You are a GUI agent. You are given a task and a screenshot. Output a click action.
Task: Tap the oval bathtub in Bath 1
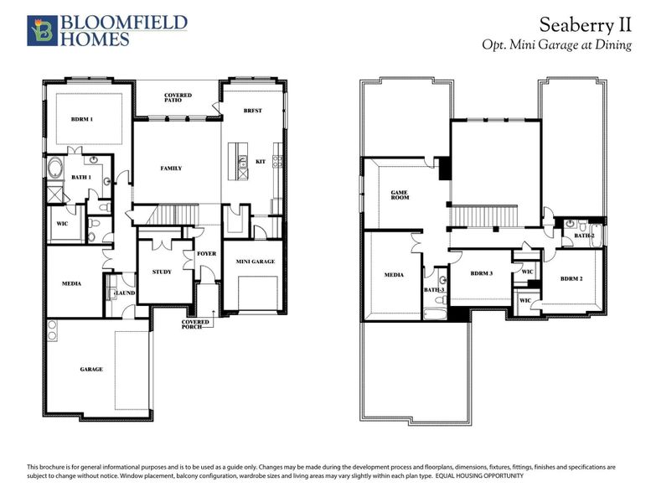pos(56,168)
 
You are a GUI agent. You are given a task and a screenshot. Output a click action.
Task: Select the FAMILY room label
pos(171,169)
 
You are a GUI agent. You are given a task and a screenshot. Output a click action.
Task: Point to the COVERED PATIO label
pos(178,98)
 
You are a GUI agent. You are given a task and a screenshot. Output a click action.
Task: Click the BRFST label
pos(252,111)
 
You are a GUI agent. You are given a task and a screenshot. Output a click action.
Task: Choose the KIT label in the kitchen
pos(260,161)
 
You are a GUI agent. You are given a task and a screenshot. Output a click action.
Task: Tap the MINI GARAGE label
pos(256,262)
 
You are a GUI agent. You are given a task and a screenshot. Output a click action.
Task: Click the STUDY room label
pos(162,272)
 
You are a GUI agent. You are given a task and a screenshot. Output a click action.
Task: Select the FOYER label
pos(206,253)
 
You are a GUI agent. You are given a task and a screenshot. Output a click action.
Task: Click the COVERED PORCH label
pos(195,324)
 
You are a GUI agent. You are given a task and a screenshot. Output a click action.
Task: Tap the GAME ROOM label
pos(400,195)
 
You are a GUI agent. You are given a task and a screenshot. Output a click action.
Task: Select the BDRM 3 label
pos(481,274)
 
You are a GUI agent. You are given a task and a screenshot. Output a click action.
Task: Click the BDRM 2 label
pos(571,278)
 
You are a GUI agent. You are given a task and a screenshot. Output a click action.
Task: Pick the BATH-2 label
pos(584,236)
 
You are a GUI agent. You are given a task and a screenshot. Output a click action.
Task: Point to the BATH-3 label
pos(433,289)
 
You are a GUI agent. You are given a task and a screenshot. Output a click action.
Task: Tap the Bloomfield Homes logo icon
pos(40,29)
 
